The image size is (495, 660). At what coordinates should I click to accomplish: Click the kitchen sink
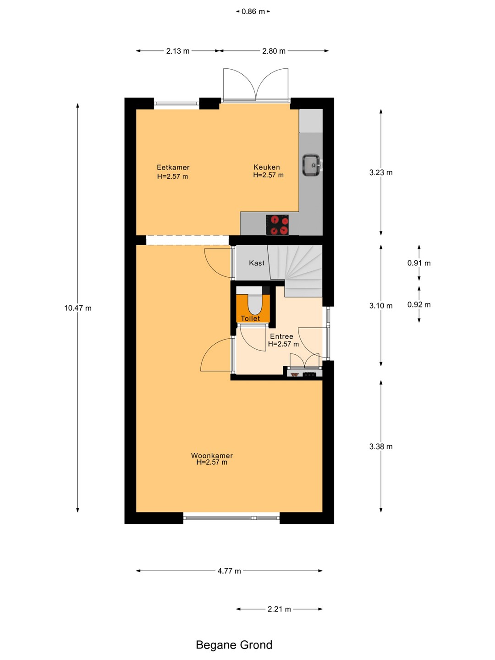[312, 165]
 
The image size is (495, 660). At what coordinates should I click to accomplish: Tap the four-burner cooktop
[277, 225]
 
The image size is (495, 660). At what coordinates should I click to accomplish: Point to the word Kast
[257, 263]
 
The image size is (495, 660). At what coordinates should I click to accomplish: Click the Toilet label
[250, 319]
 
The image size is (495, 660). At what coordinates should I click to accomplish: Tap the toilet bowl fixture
[254, 304]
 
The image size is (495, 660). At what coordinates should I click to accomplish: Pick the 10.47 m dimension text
[78, 308]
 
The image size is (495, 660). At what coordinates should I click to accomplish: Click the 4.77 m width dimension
[229, 571]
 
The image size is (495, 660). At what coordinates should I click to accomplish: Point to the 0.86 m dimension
[253, 12]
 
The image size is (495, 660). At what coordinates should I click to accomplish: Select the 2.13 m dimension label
[178, 51]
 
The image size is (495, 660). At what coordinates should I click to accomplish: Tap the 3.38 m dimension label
[381, 446]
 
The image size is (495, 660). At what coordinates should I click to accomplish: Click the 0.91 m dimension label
[419, 263]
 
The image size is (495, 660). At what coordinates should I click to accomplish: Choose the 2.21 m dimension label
[279, 609]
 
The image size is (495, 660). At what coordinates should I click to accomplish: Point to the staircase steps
[296, 270]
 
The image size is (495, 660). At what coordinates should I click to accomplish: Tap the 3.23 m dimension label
[381, 172]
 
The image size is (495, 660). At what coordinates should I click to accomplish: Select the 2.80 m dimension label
[274, 51]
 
